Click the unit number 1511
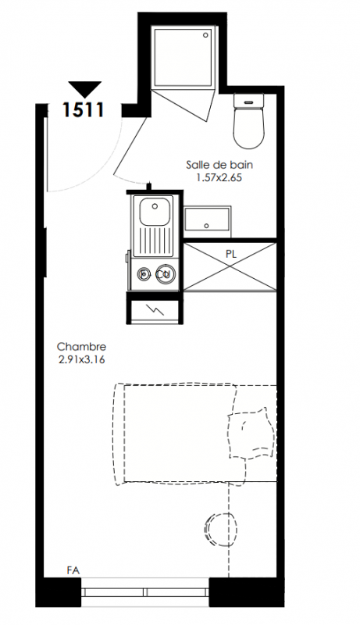pos(84,110)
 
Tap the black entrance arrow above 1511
pos(85,89)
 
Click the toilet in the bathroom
pos(249,121)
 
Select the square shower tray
pos(184,56)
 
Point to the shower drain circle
pos(206,35)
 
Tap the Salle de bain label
pos(219,165)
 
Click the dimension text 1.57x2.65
pos(219,178)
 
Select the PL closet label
pos(231,255)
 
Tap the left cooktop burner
pos(144,274)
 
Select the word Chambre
pos(82,346)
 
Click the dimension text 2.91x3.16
pos(82,359)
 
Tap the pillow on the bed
pos(251,434)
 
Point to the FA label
pos(73,571)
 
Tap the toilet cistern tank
pos(249,101)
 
